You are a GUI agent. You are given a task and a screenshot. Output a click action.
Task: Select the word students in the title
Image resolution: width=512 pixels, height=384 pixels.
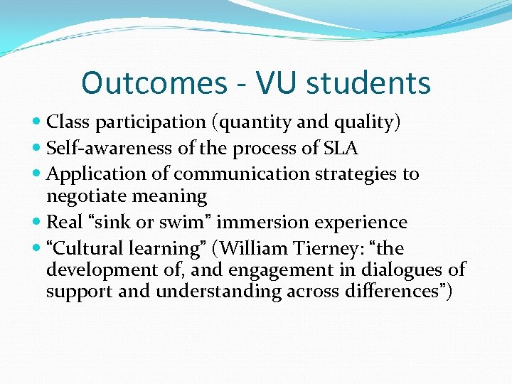click(370, 82)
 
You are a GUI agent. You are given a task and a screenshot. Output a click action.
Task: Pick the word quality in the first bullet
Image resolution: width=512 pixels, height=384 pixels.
click(363, 122)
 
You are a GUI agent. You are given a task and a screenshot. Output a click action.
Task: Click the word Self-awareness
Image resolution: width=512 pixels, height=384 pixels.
click(98, 148)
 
